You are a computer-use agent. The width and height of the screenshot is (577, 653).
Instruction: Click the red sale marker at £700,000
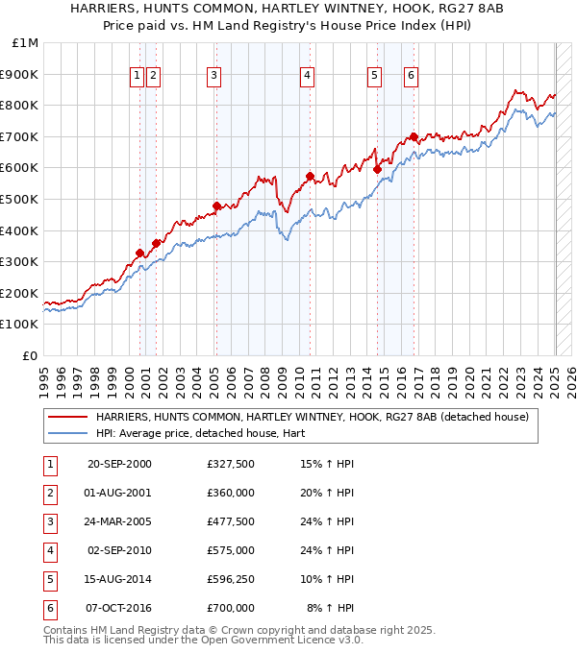coord(414,137)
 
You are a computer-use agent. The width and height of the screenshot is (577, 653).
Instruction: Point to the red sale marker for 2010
coord(310,176)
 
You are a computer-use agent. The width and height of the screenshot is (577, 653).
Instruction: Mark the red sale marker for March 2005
coord(217,206)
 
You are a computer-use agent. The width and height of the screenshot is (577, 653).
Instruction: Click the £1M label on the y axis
coord(26,43)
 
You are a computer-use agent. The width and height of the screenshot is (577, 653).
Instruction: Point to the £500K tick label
coord(21,200)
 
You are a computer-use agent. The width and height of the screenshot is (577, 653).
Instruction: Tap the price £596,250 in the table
coord(231,579)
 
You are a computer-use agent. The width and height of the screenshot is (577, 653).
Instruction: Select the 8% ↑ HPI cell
coord(331,607)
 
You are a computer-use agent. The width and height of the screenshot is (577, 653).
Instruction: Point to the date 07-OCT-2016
coord(119,607)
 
